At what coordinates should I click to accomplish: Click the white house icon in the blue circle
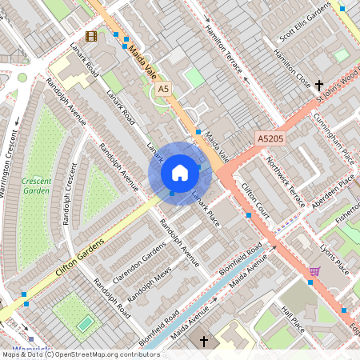click(180, 173)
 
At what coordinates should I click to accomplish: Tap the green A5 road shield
click(164, 89)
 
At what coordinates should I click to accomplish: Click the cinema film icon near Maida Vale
click(91, 36)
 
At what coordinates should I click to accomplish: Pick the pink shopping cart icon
click(314, 272)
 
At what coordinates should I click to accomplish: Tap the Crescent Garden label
click(36, 186)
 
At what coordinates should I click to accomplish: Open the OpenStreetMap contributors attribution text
click(80, 354)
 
